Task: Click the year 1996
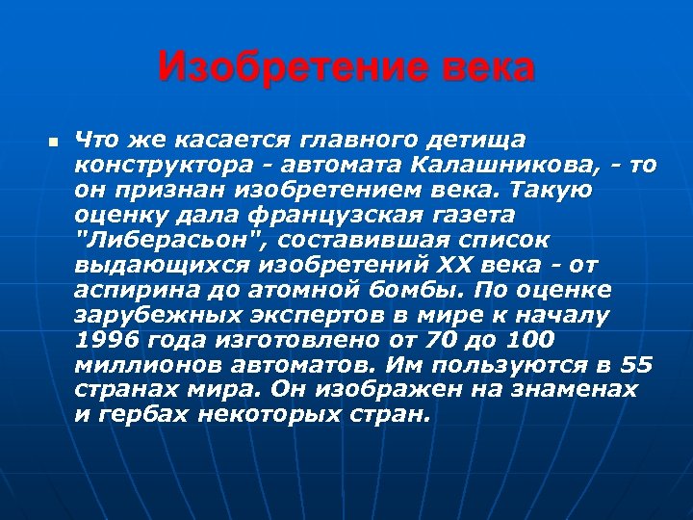105,340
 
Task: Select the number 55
636,365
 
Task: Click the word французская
346,215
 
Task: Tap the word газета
469,215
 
